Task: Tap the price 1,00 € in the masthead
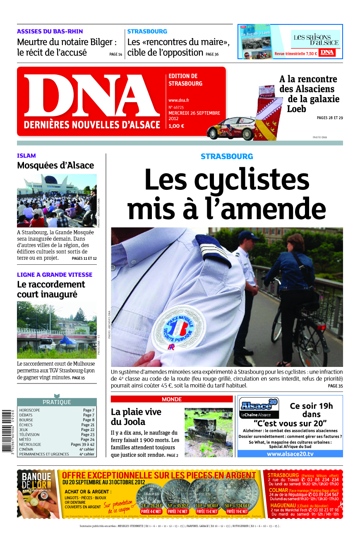pos(176,126)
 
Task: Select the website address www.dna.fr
pos(179,100)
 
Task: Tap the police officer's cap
pos(249,235)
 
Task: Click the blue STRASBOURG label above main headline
pos(227,156)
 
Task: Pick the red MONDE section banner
pos(172,399)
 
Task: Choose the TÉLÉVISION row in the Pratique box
pos(57,435)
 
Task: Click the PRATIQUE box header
pos(57,402)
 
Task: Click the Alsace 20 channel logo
pos(259,407)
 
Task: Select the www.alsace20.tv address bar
pos(290,454)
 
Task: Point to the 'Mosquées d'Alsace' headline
pos(55,165)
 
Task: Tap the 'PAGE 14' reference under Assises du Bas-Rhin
pos(116,54)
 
